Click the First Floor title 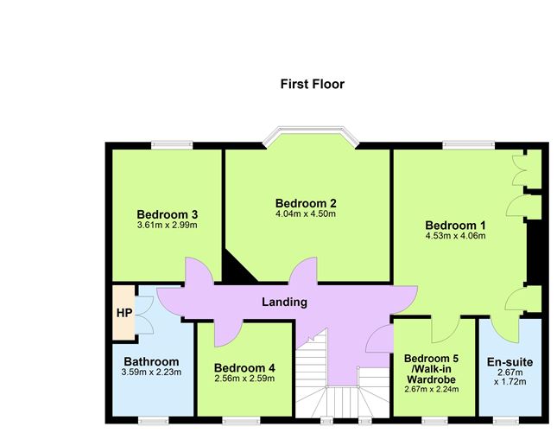(x=312, y=84)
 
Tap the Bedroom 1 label (x=455, y=226)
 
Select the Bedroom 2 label (x=305, y=203)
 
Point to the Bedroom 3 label (x=167, y=214)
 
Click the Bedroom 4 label (x=244, y=367)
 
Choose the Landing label (x=285, y=302)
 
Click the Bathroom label (x=151, y=361)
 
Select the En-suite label (x=510, y=361)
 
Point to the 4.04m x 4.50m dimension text (x=305, y=214)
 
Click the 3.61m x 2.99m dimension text (x=167, y=226)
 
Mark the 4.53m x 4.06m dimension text (x=455, y=236)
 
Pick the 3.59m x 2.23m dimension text (x=151, y=373)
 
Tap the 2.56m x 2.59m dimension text (x=244, y=379)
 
